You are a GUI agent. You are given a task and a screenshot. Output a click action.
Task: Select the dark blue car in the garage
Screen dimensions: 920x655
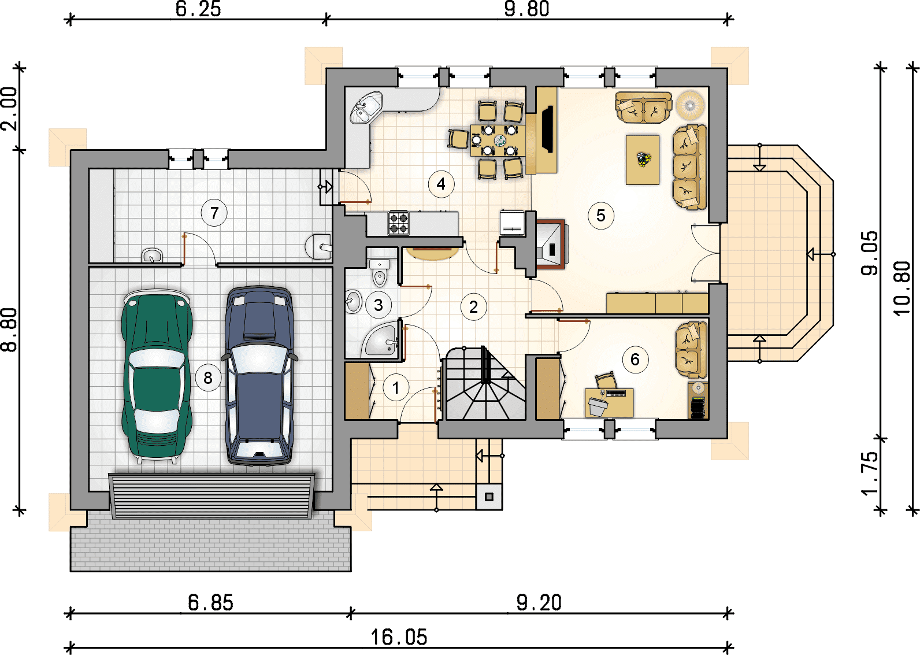point(259,375)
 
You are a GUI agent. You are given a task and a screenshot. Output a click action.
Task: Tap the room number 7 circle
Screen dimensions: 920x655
point(214,213)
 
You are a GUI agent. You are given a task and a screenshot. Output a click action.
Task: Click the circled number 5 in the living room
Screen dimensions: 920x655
point(601,215)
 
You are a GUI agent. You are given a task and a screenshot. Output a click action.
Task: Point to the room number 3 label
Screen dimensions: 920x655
point(379,305)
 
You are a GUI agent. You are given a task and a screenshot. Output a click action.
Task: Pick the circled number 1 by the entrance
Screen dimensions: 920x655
point(396,387)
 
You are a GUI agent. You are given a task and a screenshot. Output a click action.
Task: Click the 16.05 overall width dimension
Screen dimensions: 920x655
point(399,637)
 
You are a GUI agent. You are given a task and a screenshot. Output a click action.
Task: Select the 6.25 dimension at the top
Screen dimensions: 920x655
point(198,9)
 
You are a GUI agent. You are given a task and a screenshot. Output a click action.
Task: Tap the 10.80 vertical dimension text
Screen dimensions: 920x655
point(902,288)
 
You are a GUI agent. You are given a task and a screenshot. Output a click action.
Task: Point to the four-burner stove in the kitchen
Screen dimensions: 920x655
point(398,223)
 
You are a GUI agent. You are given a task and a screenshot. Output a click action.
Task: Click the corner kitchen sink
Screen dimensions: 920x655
point(366,108)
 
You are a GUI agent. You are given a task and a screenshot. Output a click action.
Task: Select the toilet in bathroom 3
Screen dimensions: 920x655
point(379,273)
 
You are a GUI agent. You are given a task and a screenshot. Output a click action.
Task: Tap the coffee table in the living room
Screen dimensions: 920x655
point(643,160)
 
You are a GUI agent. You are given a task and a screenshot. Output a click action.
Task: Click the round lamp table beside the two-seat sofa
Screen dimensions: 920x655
point(690,105)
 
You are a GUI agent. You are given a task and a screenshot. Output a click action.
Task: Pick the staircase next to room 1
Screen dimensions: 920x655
point(485,384)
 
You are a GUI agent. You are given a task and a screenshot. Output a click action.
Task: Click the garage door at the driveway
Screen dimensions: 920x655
point(212,496)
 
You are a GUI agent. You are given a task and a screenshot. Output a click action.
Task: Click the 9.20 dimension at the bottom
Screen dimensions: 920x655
point(539,603)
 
